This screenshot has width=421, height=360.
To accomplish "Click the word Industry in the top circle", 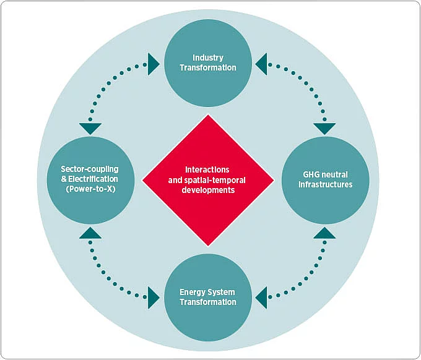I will coord(207,58).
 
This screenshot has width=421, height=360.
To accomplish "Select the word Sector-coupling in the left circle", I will coord(89,169).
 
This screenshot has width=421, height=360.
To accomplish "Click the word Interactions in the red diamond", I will coord(207,169).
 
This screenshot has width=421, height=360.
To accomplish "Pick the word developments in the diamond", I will coord(208,191).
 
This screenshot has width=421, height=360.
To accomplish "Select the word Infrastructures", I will coord(325,184).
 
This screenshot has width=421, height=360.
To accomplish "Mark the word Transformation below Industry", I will coord(207,67).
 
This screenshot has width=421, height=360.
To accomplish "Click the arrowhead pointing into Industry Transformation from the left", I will coord(154,64).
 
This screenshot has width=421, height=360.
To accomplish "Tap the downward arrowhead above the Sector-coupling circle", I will coord(90,129).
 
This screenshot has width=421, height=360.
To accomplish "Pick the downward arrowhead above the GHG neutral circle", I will coord(324,129).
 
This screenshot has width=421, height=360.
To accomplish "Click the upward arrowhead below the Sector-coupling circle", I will coord(90,233).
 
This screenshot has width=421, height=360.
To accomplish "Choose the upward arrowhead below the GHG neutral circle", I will coord(324,233).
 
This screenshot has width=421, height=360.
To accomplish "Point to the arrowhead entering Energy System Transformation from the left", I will coord(154,298).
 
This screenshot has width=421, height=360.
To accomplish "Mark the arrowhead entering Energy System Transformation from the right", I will coord(262,298).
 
